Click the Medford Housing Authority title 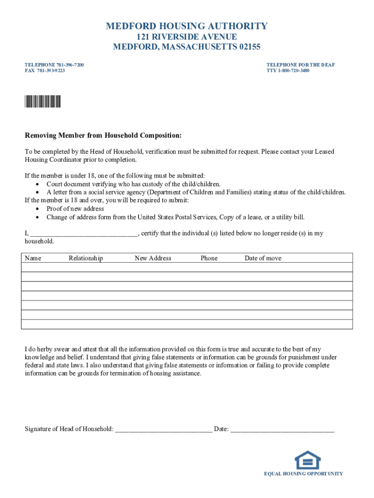(187, 26)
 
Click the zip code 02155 (246, 47)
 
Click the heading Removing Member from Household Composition (103, 135)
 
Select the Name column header (33, 258)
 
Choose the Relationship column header (85, 258)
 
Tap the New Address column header (153, 258)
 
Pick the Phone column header (209, 258)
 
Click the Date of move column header (263, 258)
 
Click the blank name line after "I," (84, 234)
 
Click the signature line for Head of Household (164, 429)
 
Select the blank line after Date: (282, 429)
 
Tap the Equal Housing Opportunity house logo (307, 460)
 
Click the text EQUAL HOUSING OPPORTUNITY (304, 474)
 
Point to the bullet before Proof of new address (37, 209)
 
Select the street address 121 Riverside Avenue (187, 37)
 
